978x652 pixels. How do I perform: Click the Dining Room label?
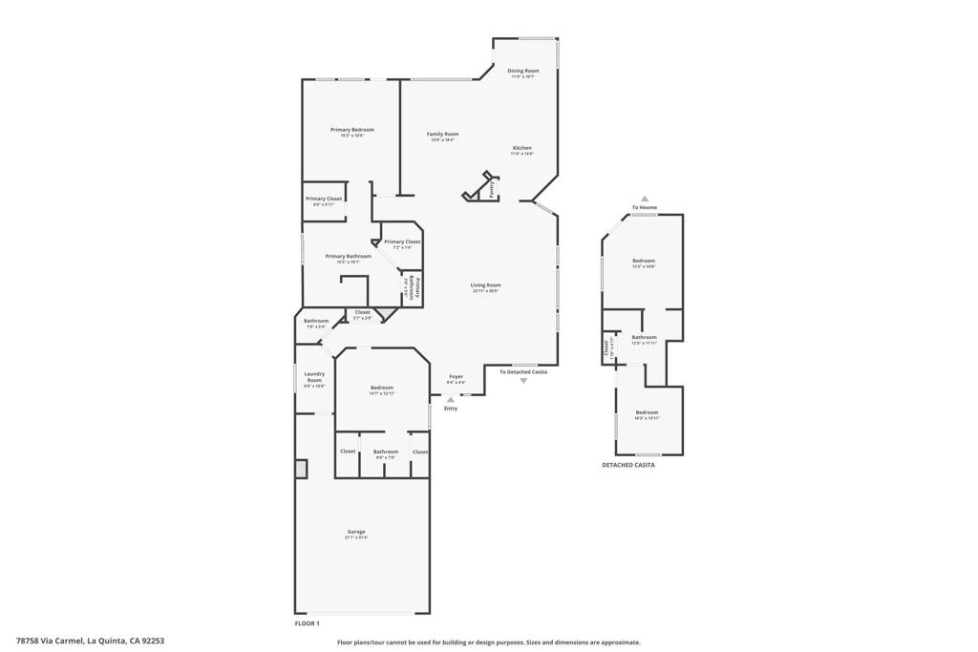[522, 71]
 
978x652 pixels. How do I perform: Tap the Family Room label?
[442, 135]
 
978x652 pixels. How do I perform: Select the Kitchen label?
[521, 148]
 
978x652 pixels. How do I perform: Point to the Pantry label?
[492, 190]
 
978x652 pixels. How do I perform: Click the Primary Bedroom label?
[352, 130]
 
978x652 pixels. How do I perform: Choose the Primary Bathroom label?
[348, 256]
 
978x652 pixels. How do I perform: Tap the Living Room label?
[485, 285]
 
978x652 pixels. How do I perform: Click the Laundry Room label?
[314, 377]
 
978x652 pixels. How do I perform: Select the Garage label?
[356, 532]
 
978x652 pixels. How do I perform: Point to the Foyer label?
[456, 377]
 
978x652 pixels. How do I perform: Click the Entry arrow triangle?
[451, 399]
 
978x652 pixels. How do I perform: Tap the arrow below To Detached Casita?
[523, 381]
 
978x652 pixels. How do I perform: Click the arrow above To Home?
[645, 199]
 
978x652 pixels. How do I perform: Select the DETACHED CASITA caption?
[628, 465]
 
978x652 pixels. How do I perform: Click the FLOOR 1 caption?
[307, 623]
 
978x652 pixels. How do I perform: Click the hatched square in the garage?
[302, 468]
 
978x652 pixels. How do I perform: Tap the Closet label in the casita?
[606, 349]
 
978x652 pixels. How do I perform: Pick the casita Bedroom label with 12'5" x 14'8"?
[644, 261]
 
